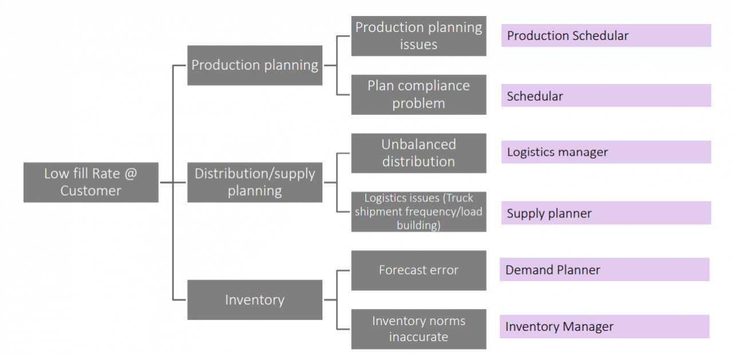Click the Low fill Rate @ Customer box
pyautogui.click(x=91, y=183)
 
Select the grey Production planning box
pyautogui.click(x=255, y=65)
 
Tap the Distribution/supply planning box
pyautogui.click(x=255, y=183)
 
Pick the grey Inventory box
pyautogui.click(x=255, y=300)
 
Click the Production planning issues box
pyautogui.click(x=419, y=36)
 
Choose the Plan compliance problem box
pyautogui.click(x=419, y=95)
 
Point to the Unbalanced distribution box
pyautogui.click(x=419, y=153)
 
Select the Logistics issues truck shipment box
pyautogui.click(x=419, y=212)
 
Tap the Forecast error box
pyautogui.click(x=419, y=270)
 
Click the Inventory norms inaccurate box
pyautogui.click(x=419, y=329)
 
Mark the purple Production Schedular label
pyautogui.click(x=606, y=35)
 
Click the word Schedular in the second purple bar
pyautogui.click(x=535, y=96)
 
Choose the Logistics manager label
pyautogui.click(x=606, y=152)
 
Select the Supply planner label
pyautogui.click(x=606, y=213)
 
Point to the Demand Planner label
pyautogui.click(x=604, y=270)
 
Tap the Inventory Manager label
pyautogui.click(x=604, y=326)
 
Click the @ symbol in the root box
pyautogui.click(x=131, y=173)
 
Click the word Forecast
pyautogui.click(x=402, y=270)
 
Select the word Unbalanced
pyautogui.click(x=419, y=145)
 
